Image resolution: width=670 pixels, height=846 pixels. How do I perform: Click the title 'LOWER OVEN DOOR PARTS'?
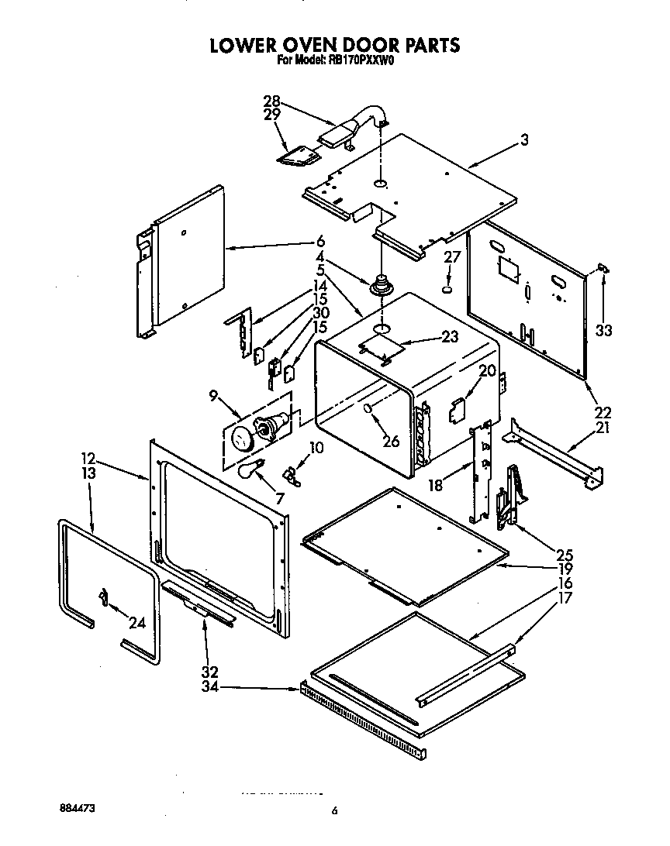[335, 45]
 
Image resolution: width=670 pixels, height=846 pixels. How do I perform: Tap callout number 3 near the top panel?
[525, 140]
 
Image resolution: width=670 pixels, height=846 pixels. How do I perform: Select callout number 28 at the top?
[271, 101]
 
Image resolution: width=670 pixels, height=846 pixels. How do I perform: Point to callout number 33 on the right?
[604, 330]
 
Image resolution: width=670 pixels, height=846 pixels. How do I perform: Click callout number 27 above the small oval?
[452, 258]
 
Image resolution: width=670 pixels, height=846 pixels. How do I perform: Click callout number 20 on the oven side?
[486, 371]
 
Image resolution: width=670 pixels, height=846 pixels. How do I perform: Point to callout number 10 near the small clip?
[316, 447]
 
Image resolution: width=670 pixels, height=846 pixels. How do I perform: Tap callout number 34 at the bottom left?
[210, 686]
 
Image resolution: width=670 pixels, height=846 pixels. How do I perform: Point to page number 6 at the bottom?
[334, 811]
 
